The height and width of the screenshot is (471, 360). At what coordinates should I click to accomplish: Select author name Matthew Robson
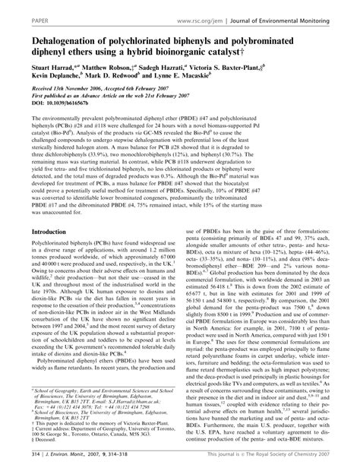[119, 67]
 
